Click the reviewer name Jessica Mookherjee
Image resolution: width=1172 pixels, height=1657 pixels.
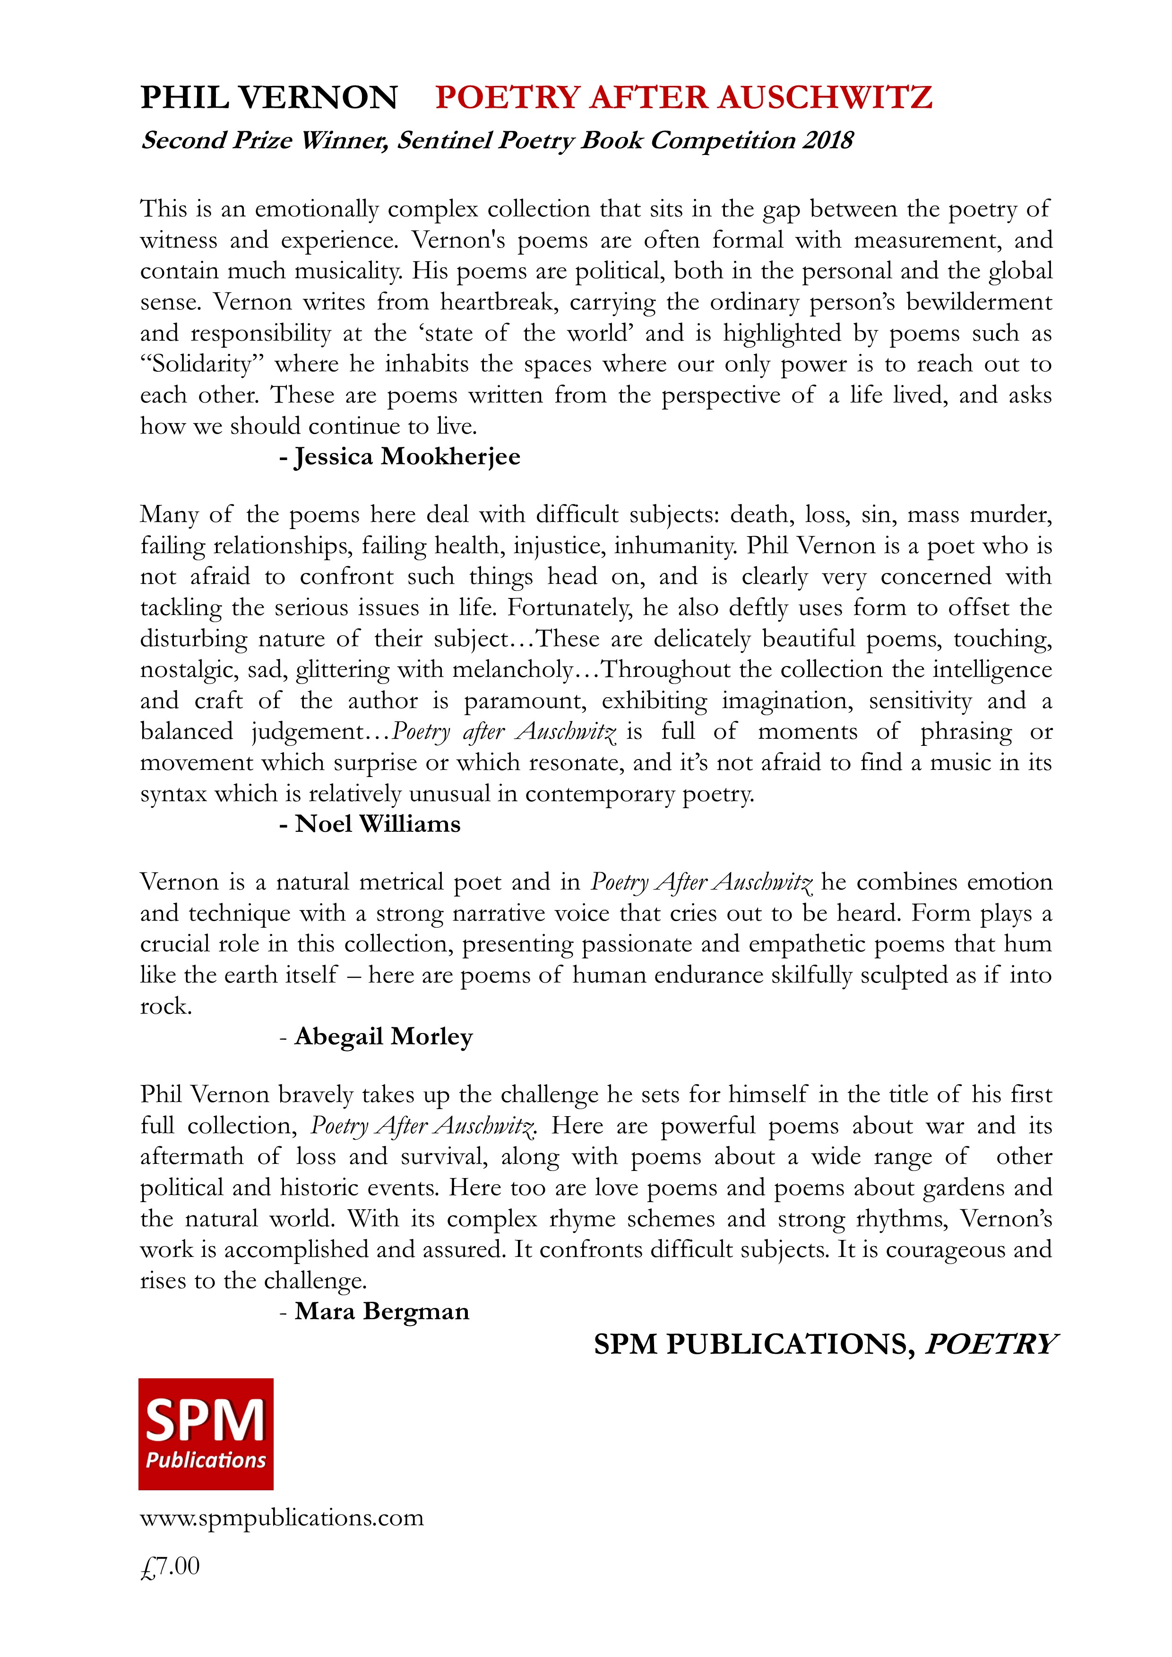pyautogui.click(x=407, y=457)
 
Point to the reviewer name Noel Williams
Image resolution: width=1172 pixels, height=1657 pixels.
pyautogui.click(x=378, y=824)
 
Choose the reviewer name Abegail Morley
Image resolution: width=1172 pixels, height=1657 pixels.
pyautogui.click(x=383, y=1037)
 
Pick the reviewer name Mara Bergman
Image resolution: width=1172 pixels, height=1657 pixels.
pyautogui.click(x=382, y=1311)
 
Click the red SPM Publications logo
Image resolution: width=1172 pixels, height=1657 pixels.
pyautogui.click(x=206, y=1435)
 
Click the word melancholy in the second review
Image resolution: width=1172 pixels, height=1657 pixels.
pyautogui.click(x=512, y=670)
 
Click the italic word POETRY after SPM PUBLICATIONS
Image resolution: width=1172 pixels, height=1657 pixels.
pyautogui.click(x=991, y=1344)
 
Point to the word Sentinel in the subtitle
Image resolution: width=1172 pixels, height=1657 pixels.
pyautogui.click(x=444, y=140)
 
